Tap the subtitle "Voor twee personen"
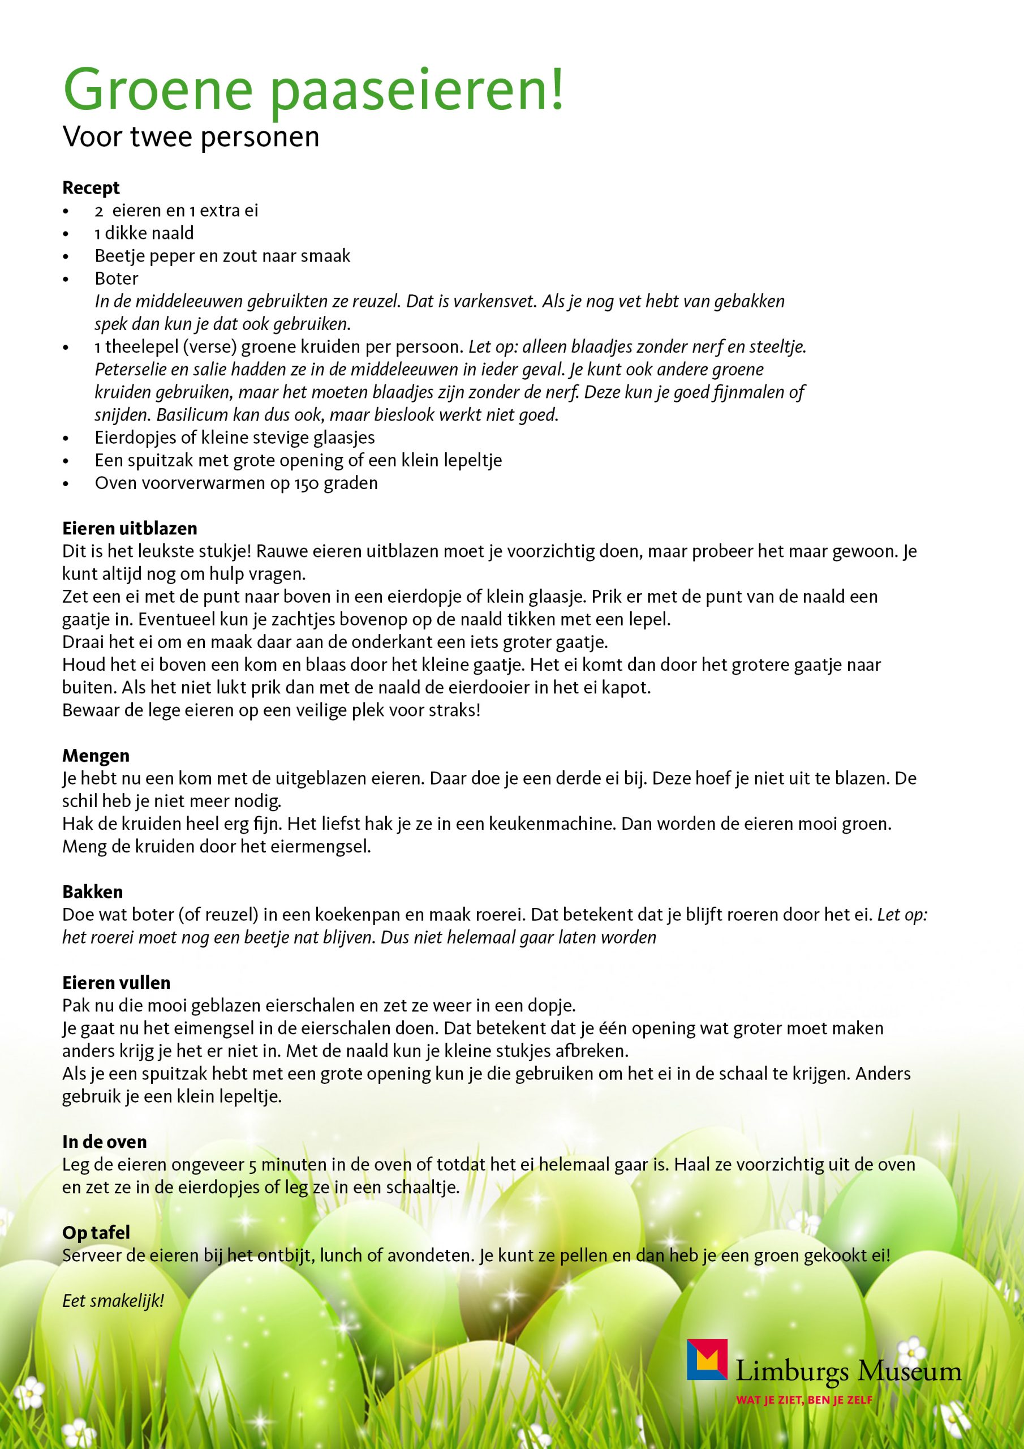(x=191, y=137)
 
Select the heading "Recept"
(x=91, y=187)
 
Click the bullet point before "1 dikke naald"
(x=66, y=234)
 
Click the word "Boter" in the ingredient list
(x=117, y=278)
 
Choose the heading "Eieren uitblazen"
(x=130, y=528)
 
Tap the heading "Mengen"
(x=95, y=756)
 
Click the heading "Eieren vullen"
(x=116, y=983)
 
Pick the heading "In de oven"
(x=104, y=1142)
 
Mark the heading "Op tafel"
(x=96, y=1233)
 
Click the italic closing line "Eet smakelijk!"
(x=113, y=1301)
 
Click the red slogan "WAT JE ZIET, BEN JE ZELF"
(x=804, y=1399)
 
